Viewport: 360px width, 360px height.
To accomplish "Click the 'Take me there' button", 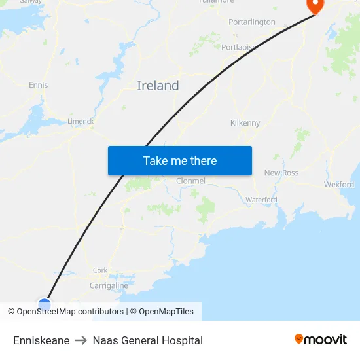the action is (x=180, y=161).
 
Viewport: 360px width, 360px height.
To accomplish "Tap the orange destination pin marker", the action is (x=315, y=6).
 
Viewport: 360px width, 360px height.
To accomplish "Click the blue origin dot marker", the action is (x=45, y=304).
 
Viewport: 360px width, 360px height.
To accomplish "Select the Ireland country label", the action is (x=158, y=86).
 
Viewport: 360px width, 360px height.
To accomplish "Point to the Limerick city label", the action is (x=81, y=122).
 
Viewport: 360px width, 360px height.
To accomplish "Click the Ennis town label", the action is (x=38, y=85).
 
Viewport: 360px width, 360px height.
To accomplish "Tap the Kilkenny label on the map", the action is (x=245, y=123).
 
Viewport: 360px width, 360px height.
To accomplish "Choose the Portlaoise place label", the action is (x=238, y=48).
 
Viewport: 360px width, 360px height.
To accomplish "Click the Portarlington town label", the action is (x=252, y=22).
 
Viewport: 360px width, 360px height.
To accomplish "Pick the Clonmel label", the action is (x=190, y=181).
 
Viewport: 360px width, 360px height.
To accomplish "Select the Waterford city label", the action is (x=261, y=200).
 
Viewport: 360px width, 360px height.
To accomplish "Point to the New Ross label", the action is (x=281, y=173).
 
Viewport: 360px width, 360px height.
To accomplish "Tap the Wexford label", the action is (x=339, y=185).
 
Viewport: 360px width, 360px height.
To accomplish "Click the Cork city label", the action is (x=100, y=270).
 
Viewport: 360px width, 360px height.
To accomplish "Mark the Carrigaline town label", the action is (x=109, y=285).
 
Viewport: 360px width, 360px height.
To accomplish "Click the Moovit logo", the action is (x=321, y=340).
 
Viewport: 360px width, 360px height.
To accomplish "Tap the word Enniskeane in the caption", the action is (x=41, y=340).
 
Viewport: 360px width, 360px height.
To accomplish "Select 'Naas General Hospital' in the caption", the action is (x=148, y=340).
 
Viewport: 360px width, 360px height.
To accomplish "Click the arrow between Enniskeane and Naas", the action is (x=81, y=340).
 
